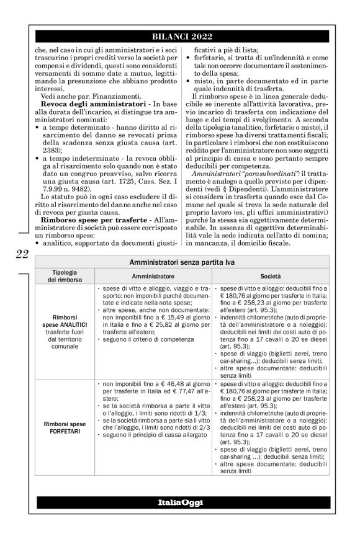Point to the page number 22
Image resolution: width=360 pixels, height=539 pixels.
pyautogui.click(x=21, y=253)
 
